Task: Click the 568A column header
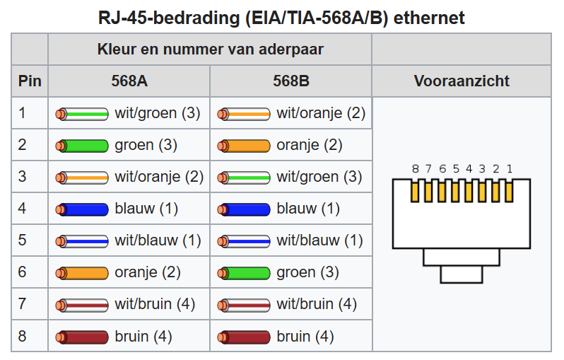tap(129, 81)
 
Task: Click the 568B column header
tap(291, 81)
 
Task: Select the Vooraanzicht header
tap(462, 81)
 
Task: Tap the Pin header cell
tap(30, 81)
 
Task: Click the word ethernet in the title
tap(429, 18)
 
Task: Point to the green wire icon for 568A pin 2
tap(82, 146)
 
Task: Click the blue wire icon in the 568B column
tap(244, 209)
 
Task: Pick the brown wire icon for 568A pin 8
tap(82, 337)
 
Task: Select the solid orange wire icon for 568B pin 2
tap(244, 146)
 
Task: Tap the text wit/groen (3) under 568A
tap(158, 113)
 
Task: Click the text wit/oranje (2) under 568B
tap(321, 113)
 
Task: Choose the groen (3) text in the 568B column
tap(308, 272)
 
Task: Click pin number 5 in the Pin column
tap(23, 240)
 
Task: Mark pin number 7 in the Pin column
tap(23, 304)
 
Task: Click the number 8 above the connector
tap(416, 169)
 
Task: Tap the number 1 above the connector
tap(510, 169)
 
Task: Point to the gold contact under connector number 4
tap(469, 192)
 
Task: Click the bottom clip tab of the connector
tap(462, 274)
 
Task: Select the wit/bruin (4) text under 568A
tap(155, 304)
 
